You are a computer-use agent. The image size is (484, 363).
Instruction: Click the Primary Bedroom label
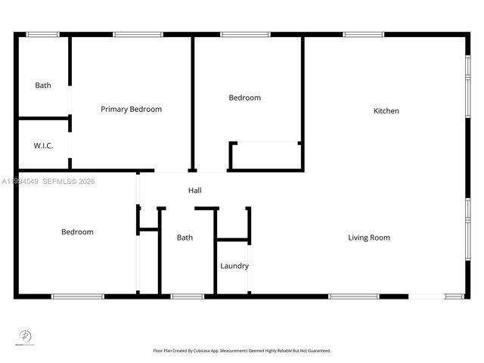pyautogui.click(x=131, y=109)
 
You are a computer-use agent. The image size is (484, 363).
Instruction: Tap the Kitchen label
pyautogui.click(x=386, y=111)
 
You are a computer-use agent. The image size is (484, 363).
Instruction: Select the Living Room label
pyautogui.click(x=369, y=237)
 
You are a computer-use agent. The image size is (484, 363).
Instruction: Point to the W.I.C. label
pyautogui.click(x=43, y=145)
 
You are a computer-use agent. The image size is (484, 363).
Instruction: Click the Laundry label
pyautogui.click(x=234, y=265)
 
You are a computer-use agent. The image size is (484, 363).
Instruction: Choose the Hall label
pyautogui.click(x=195, y=191)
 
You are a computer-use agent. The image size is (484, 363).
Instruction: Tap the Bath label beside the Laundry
pyautogui.click(x=185, y=237)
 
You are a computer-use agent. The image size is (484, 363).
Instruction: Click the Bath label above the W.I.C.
pyautogui.click(x=43, y=85)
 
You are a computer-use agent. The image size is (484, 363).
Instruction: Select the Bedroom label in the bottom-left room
pyautogui.click(x=77, y=231)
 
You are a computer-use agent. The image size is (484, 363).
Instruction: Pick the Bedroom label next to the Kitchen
pyautogui.click(x=244, y=98)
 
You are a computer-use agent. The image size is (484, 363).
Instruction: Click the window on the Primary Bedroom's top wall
pyautogui.click(x=138, y=34)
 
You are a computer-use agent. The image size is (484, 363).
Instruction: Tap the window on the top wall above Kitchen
pyautogui.click(x=363, y=34)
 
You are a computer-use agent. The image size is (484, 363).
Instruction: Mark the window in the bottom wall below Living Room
pyautogui.click(x=353, y=296)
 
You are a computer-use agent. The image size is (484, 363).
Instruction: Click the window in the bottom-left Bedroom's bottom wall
pyautogui.click(x=77, y=296)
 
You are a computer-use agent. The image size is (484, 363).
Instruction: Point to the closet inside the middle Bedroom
pyautogui.click(x=265, y=157)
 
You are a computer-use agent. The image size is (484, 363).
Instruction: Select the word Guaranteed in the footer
pyautogui.click(x=318, y=351)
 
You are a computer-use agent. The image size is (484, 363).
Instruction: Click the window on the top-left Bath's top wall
pyautogui.click(x=42, y=34)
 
